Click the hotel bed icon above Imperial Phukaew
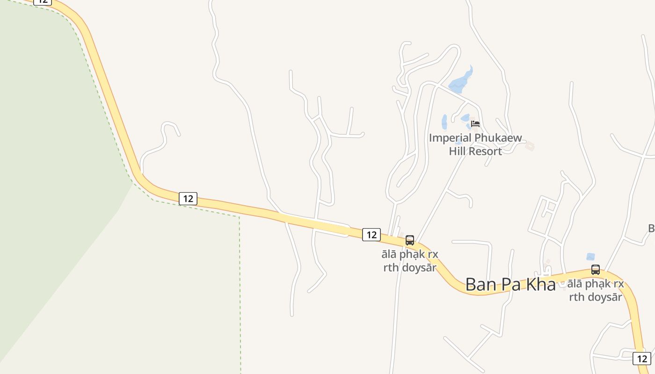(x=475, y=124)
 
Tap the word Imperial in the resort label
(x=450, y=138)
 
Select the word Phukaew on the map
(x=498, y=138)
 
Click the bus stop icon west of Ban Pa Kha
(x=410, y=240)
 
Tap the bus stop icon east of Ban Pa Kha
(x=596, y=270)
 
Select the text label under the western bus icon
(x=410, y=261)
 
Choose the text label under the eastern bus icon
(x=596, y=290)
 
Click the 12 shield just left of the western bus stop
(x=371, y=235)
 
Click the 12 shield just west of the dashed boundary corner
(x=188, y=199)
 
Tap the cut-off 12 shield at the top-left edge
(x=43, y=2)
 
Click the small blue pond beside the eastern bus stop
(x=590, y=257)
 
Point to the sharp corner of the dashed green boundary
(x=240, y=217)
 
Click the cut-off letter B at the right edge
(x=651, y=228)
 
